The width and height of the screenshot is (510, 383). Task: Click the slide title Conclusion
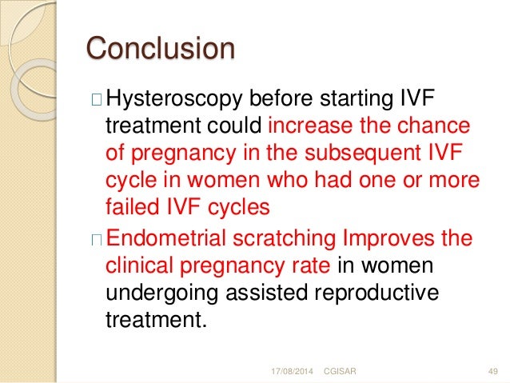pos(160,49)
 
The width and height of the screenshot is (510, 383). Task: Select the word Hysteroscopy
pos(177,102)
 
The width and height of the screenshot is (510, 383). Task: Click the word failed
pos(130,206)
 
